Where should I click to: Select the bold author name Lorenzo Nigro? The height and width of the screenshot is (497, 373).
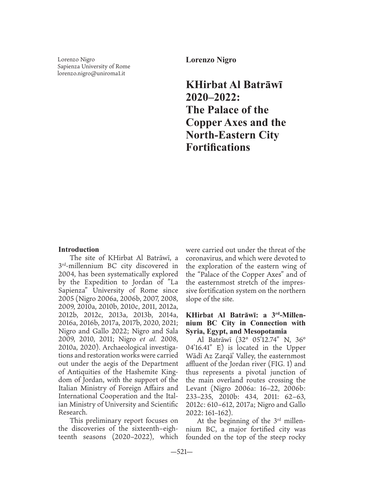tap(211, 60)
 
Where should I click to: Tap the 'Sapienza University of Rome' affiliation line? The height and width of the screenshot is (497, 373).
tap(94, 67)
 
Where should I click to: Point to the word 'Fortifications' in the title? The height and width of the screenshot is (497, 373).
tap(218, 147)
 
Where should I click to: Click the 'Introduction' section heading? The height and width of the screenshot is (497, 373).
tap(79, 249)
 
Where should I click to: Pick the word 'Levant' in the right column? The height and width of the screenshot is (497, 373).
tap(196, 388)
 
